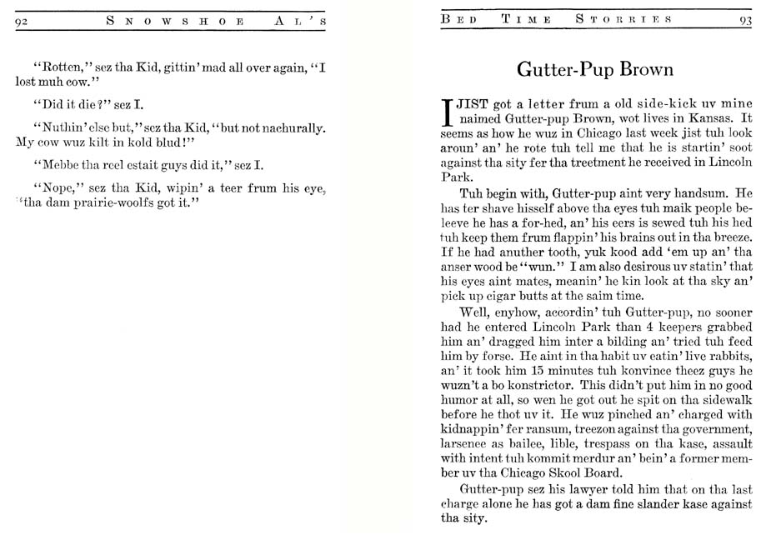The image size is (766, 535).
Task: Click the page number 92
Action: pos(23,21)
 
